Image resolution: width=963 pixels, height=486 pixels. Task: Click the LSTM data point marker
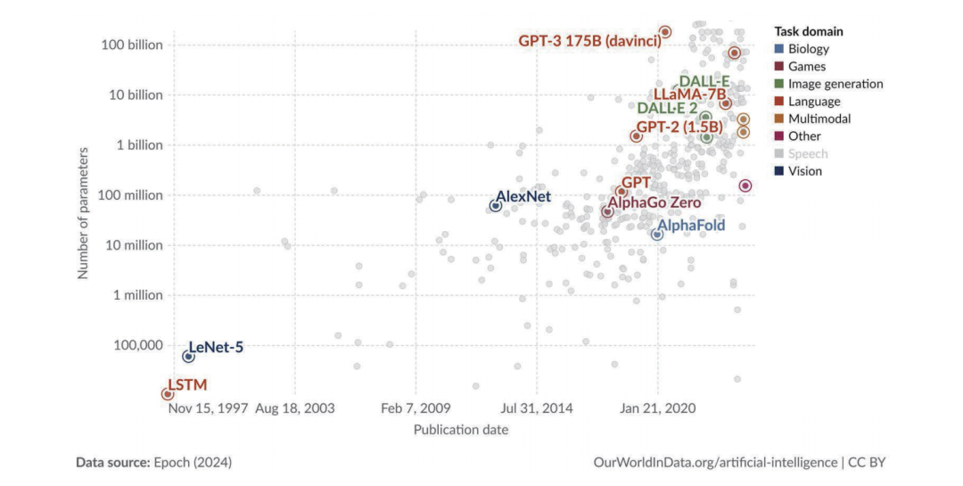coord(167,393)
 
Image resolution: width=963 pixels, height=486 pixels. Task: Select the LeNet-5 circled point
coord(188,356)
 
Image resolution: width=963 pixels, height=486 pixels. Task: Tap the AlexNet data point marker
coord(495,206)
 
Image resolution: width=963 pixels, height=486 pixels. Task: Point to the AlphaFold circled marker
coord(657,234)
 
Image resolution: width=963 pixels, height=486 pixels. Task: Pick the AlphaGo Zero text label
coord(662,202)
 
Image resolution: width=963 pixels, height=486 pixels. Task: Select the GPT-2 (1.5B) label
coord(679,128)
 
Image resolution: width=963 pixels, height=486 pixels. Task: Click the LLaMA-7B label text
coord(691,94)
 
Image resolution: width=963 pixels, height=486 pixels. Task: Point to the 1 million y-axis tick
coord(137,294)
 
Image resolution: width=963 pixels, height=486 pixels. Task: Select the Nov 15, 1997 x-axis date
coord(208,408)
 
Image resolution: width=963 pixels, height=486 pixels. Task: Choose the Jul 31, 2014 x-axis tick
coord(537,408)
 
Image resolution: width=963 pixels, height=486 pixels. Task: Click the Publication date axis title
coord(461,430)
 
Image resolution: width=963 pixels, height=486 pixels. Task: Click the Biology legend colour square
coord(779,49)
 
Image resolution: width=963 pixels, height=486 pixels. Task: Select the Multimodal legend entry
coord(819,119)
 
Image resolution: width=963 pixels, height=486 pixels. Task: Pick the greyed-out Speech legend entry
coord(808,153)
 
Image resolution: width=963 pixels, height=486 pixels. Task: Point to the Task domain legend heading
coord(808,31)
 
